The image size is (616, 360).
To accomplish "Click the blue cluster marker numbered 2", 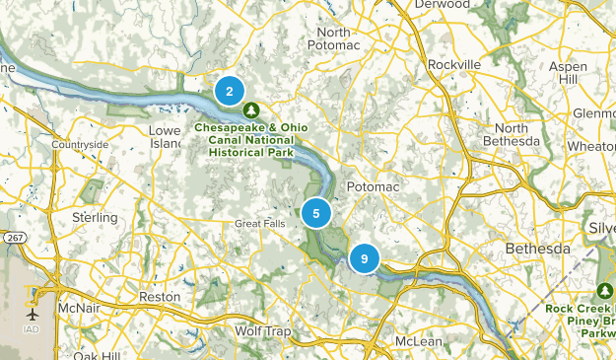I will (229, 92).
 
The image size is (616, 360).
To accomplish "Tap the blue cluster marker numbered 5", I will (315, 213).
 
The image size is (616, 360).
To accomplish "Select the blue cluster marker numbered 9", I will (364, 258).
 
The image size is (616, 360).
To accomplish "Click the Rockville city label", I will (454, 64).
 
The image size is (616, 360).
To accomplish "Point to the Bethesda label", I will (537, 249).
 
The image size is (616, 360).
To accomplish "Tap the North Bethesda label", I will (518, 135).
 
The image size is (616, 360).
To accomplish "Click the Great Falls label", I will (259, 224).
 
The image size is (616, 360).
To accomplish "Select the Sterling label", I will (95, 217).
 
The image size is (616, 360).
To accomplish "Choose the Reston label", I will (161, 296).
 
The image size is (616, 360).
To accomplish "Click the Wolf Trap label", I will (261, 331).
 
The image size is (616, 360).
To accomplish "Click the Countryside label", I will (80, 145).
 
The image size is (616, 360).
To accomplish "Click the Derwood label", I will (441, 5).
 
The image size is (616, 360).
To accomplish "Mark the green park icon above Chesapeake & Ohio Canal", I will (251, 109).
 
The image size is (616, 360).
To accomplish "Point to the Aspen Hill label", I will (592, 72).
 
